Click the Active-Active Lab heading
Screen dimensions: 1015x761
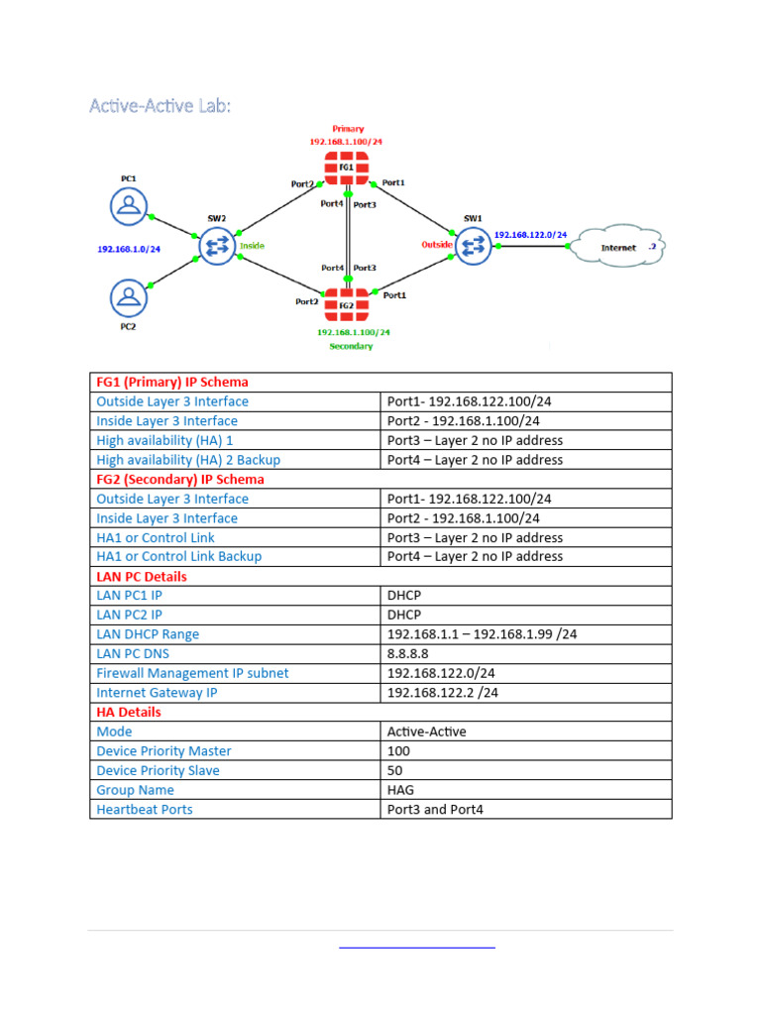(x=160, y=105)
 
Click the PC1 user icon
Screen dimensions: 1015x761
(x=128, y=205)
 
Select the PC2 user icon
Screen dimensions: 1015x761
(x=128, y=296)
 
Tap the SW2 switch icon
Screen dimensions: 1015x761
(x=217, y=246)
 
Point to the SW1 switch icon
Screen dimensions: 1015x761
(x=473, y=245)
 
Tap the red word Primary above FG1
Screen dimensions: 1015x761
(x=348, y=129)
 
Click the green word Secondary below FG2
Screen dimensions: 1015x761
(x=351, y=346)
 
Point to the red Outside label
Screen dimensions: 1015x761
(x=437, y=244)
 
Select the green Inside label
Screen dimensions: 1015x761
(x=252, y=246)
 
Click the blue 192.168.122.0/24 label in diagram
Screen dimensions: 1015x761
(x=530, y=235)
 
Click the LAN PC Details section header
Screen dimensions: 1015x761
(x=141, y=576)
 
